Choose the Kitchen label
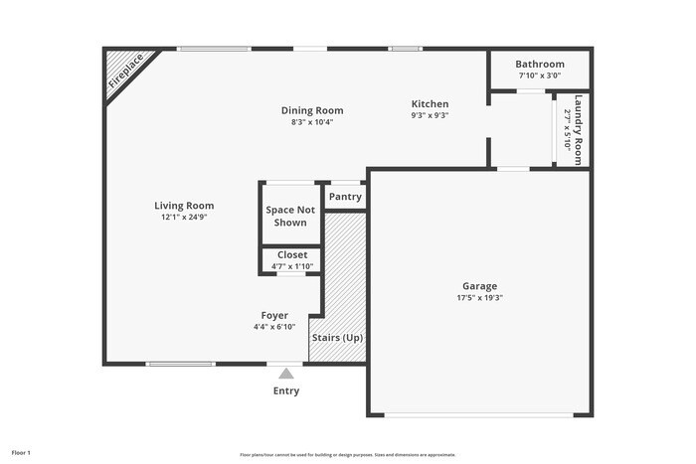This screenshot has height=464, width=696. (x=431, y=103)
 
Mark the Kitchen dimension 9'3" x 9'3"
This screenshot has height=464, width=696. (x=431, y=115)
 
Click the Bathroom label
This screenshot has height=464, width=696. (x=540, y=64)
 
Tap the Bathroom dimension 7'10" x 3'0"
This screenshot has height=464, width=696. (x=540, y=76)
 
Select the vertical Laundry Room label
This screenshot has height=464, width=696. (x=578, y=129)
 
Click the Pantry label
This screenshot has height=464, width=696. (x=345, y=197)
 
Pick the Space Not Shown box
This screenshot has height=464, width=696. (x=290, y=216)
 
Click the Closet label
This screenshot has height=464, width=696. (x=292, y=254)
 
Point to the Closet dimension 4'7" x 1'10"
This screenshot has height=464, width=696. (x=292, y=266)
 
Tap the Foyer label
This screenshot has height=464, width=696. (x=274, y=315)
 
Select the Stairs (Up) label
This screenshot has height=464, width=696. (x=338, y=338)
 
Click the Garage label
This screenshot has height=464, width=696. (x=479, y=285)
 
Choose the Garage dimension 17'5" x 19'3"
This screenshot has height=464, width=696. (x=479, y=297)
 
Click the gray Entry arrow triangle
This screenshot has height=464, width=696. (x=286, y=374)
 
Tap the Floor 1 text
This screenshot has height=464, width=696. (x=21, y=453)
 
